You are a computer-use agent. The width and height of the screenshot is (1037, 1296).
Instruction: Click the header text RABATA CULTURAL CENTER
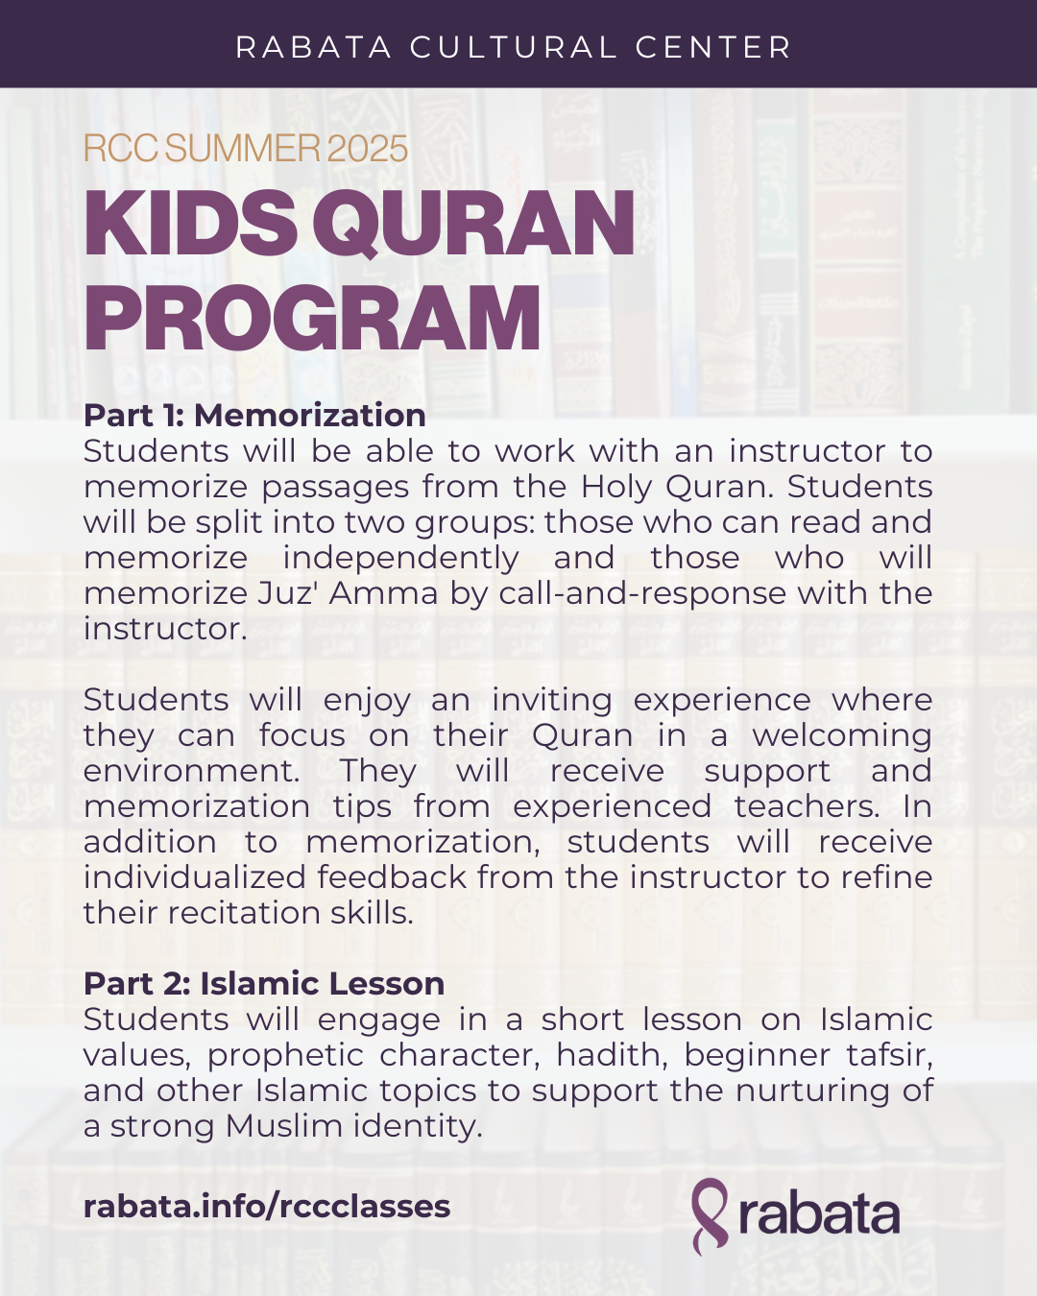(514, 47)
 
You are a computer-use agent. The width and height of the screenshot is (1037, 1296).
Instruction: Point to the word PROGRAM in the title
(313, 319)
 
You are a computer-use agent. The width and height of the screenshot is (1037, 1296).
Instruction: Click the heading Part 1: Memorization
(254, 415)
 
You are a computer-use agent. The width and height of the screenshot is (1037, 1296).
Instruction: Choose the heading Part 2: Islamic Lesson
(264, 983)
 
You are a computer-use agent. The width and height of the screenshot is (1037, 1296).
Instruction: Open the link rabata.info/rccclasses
(267, 1206)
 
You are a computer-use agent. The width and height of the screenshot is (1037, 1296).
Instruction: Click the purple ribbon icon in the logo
(711, 1215)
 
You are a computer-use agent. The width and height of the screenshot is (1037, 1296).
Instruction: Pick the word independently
(400, 558)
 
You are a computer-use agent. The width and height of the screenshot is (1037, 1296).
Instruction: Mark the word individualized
(196, 877)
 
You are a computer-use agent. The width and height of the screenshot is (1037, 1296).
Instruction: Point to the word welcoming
(842, 735)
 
